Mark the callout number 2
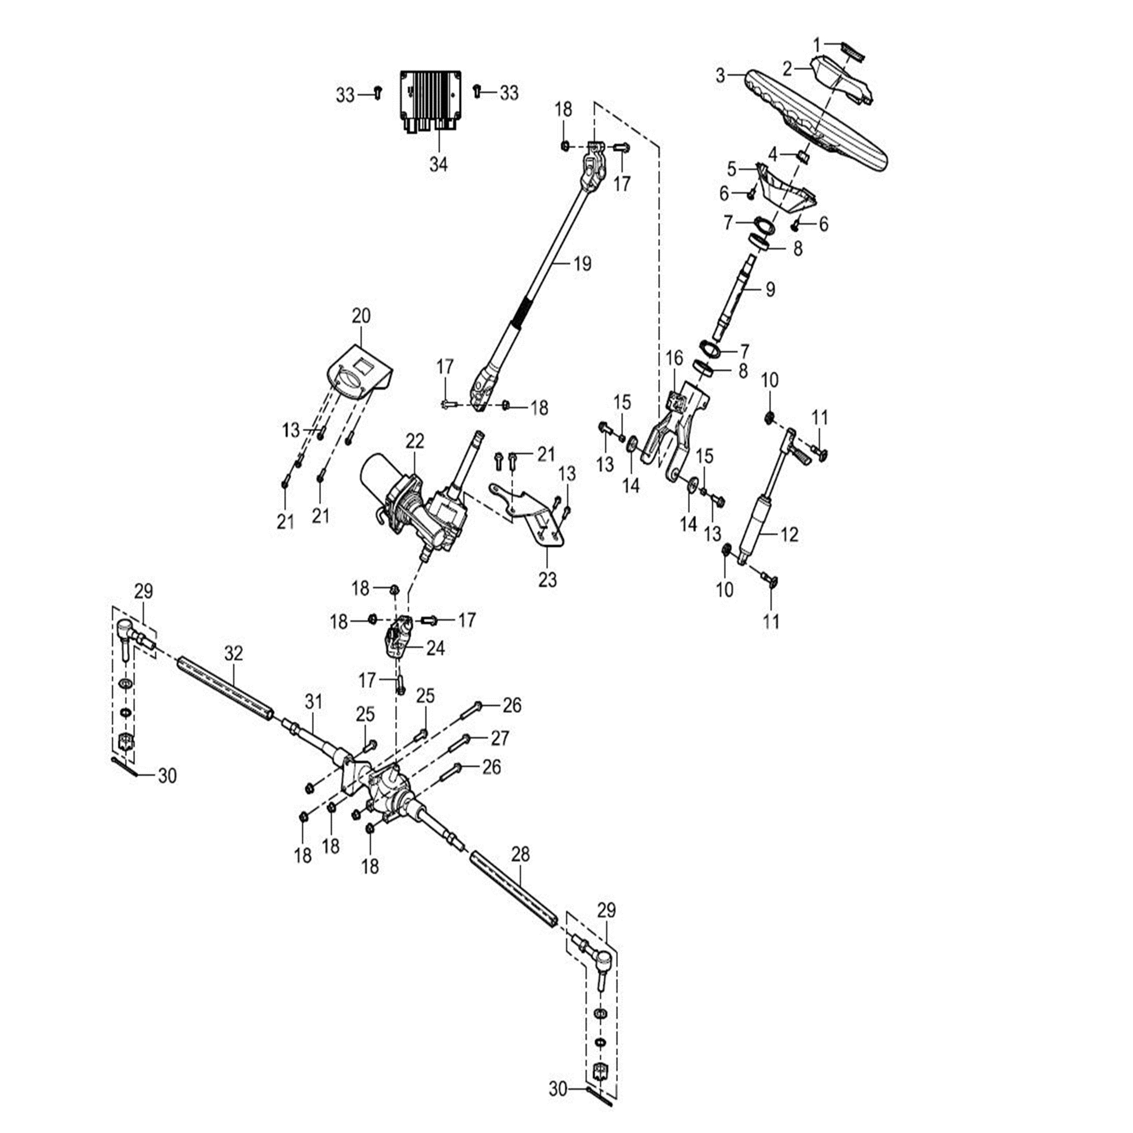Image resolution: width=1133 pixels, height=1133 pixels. pos(787,69)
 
